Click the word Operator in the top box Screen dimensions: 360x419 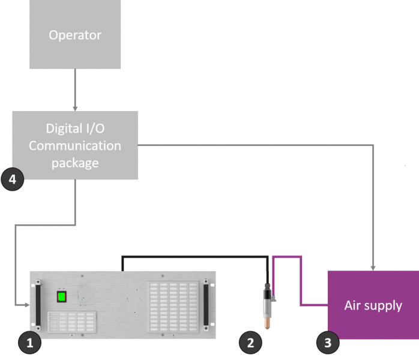[75, 35]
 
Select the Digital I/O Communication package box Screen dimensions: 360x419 [75, 145]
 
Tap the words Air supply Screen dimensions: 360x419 [373, 305]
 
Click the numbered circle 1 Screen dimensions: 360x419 [29, 343]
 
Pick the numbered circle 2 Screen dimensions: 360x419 [251, 343]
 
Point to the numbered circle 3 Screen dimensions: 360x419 [327, 343]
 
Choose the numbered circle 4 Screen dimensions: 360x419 [13, 178]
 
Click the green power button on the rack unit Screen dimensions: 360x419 [61, 296]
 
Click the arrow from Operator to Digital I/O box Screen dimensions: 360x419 [75, 90]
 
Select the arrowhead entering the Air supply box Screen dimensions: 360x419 [373, 268]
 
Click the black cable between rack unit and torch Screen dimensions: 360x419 [192, 257]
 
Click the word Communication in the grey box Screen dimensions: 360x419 [75, 145]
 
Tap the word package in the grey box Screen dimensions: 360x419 [75, 163]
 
